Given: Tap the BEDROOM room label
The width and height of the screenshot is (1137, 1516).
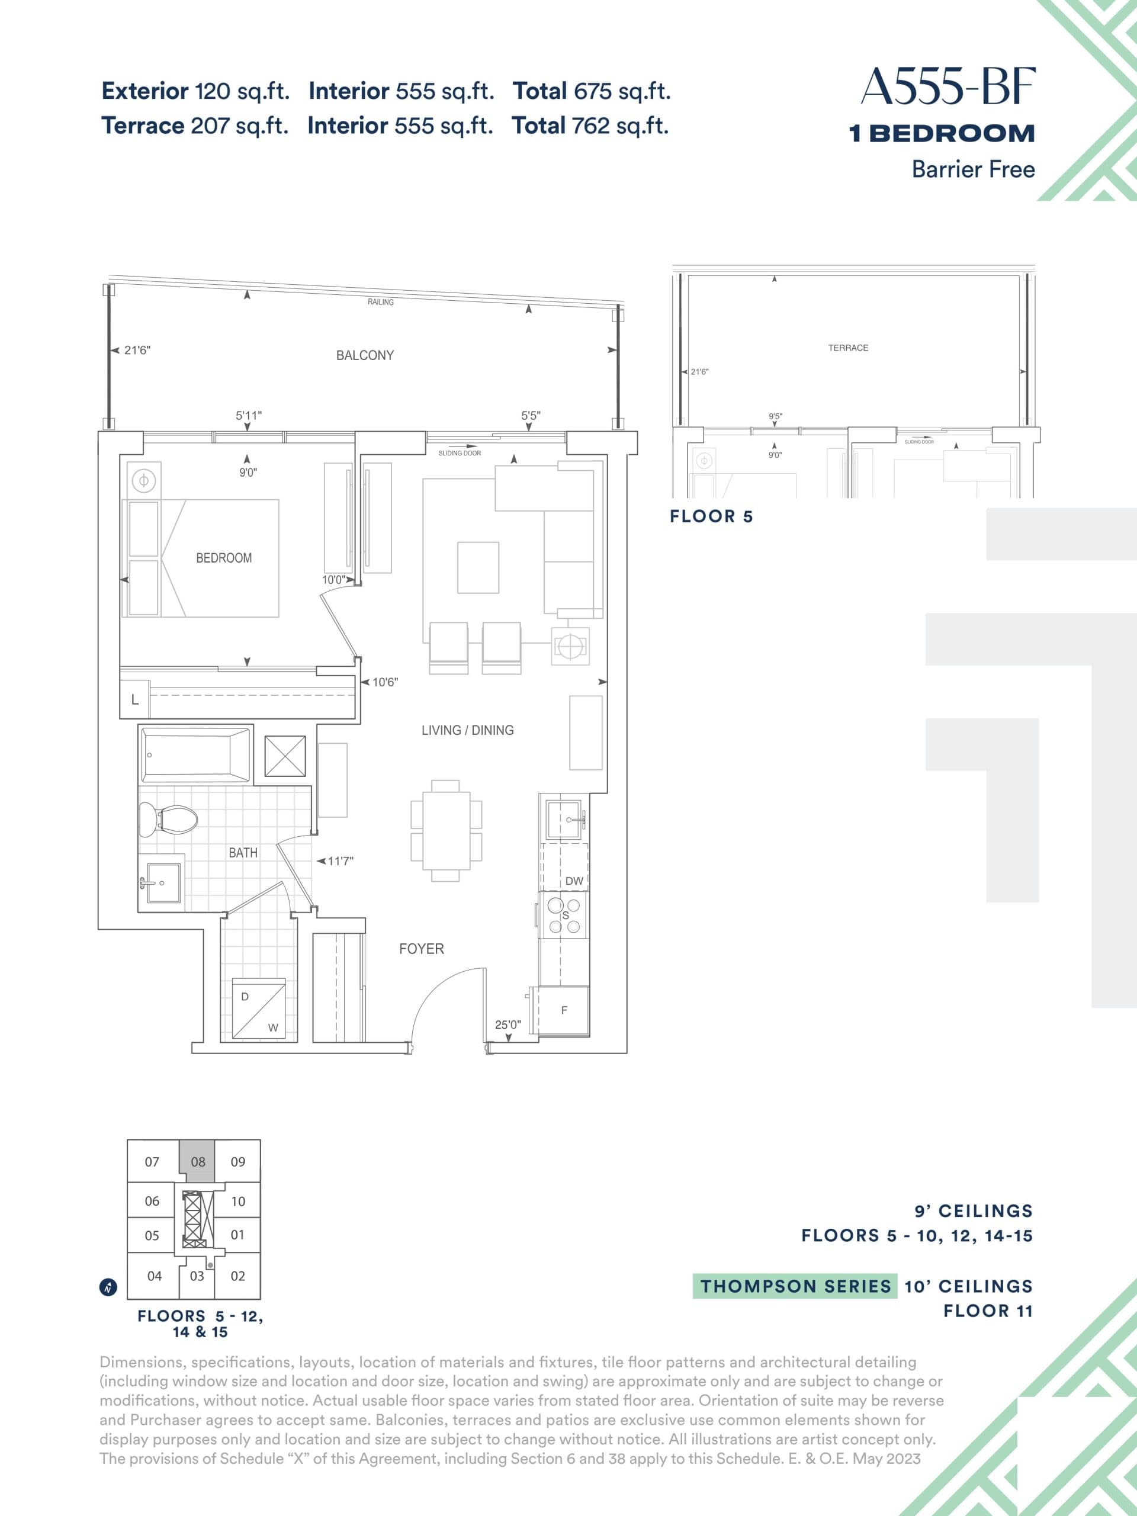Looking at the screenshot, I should [x=223, y=558].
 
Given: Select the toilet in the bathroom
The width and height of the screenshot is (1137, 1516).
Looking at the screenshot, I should [x=169, y=818].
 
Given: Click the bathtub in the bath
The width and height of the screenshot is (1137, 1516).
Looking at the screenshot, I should [x=195, y=755].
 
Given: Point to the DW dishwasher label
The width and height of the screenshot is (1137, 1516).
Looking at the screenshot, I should [x=574, y=881].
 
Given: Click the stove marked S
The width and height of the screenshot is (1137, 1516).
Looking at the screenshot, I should [x=563, y=915].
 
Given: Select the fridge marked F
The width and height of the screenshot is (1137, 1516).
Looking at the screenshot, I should [x=563, y=1010].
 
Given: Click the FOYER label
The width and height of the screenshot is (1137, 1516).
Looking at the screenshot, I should [x=422, y=949].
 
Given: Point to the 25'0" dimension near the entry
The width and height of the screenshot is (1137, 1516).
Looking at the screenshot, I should [x=508, y=1024].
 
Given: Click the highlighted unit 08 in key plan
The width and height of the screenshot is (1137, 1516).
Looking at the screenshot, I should [x=197, y=1162].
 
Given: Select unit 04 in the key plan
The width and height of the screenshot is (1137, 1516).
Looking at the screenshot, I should [x=154, y=1276].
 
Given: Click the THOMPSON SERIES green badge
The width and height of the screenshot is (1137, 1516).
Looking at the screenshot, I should [x=795, y=1286].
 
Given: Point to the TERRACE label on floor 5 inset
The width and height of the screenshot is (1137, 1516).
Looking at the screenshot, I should [x=848, y=348].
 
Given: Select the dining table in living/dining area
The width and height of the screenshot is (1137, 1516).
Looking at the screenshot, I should [x=446, y=830].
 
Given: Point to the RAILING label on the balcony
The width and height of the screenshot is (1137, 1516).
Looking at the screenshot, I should [x=380, y=301].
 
